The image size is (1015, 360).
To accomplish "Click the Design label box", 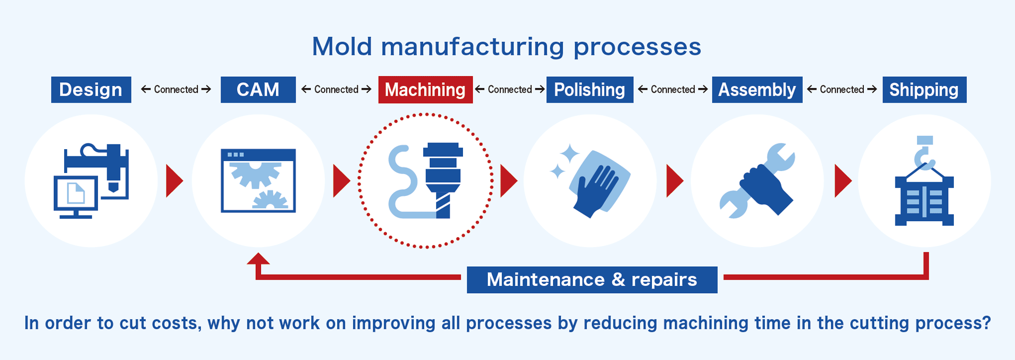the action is click(x=91, y=90).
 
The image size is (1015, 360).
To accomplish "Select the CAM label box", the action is click(x=258, y=90).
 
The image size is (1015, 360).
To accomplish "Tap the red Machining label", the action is click(x=425, y=90).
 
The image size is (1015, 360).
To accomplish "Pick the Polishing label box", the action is click(x=590, y=90).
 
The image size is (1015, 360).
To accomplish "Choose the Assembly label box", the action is click(x=757, y=90).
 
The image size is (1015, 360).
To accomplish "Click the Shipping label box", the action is click(x=924, y=90).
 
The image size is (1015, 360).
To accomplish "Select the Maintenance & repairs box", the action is click(x=592, y=280).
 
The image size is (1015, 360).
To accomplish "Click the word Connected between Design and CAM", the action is click(x=176, y=90).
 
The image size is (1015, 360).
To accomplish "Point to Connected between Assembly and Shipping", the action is click(x=842, y=90).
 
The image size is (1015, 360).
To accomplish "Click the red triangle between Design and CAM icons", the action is click(x=173, y=181).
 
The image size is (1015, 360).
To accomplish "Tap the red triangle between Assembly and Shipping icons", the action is click(x=843, y=181).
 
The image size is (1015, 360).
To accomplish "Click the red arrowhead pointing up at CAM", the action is click(x=258, y=258).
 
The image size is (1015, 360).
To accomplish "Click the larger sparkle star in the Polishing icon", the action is click(x=570, y=154).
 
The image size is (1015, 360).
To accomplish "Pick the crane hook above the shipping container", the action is click(x=924, y=153).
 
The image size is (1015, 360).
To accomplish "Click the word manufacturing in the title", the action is click(x=472, y=47).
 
